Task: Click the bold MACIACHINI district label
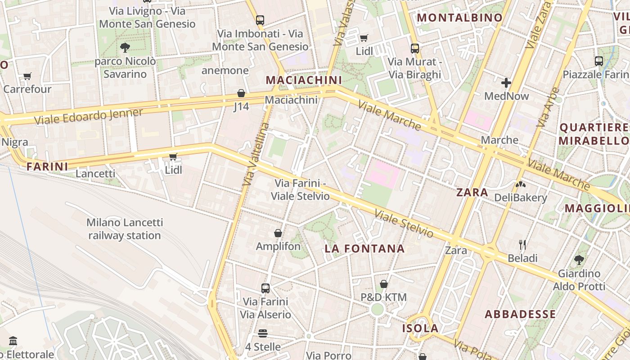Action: pyautogui.click(x=304, y=80)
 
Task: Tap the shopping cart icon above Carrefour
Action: pyautogui.click(x=27, y=76)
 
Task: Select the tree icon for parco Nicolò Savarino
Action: pyautogui.click(x=125, y=47)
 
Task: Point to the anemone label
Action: pyautogui.click(x=225, y=70)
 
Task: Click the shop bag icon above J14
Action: pyautogui.click(x=241, y=93)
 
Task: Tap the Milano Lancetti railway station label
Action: pyautogui.click(x=125, y=229)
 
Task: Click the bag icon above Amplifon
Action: pyautogui.click(x=278, y=233)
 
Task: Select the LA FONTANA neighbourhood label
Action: pyautogui.click(x=364, y=248)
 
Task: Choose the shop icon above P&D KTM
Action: pyautogui.click(x=383, y=284)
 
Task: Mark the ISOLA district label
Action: pyautogui.click(x=420, y=328)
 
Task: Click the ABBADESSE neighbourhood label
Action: pyautogui.click(x=520, y=314)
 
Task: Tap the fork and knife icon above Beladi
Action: pyautogui.click(x=522, y=245)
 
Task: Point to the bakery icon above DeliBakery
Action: pyautogui.click(x=520, y=184)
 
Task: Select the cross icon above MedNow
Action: pyautogui.click(x=506, y=83)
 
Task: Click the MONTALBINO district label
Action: pyautogui.click(x=460, y=18)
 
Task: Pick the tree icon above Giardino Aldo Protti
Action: pyautogui.click(x=579, y=260)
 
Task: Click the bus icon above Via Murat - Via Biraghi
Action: pyautogui.click(x=415, y=48)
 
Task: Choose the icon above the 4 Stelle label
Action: pyautogui.click(x=263, y=333)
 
